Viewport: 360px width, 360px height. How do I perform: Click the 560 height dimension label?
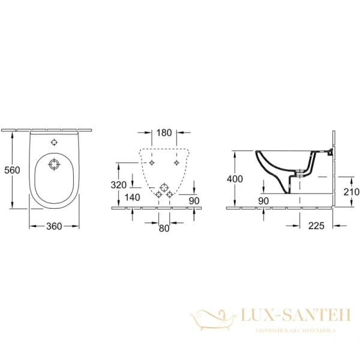coord(11,170)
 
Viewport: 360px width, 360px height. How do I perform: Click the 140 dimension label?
coord(132,197)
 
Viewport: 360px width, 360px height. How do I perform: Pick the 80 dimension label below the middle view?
coord(164,228)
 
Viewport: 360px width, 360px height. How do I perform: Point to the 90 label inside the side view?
coord(264,200)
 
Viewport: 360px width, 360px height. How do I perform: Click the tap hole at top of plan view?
coord(55,143)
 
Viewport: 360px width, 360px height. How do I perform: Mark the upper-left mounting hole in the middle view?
coord(152,163)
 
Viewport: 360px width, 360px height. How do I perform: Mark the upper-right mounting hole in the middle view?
coord(176,163)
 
